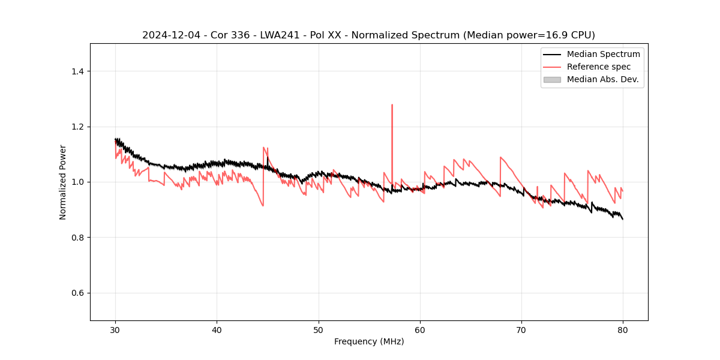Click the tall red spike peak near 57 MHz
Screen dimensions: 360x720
(x=392, y=105)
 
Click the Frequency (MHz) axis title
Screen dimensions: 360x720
(x=369, y=342)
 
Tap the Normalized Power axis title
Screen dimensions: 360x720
(x=63, y=182)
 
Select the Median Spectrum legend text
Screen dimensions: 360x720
(x=603, y=54)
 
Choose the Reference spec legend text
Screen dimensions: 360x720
(x=599, y=67)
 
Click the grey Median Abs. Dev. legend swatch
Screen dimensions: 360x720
(x=552, y=79)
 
